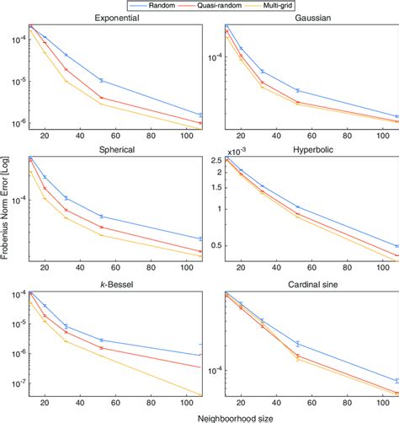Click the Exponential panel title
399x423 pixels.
(116, 19)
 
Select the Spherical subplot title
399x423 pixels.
(116, 149)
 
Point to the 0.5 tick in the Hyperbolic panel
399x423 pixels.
(213, 246)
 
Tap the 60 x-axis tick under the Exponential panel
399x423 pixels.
(111, 140)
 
